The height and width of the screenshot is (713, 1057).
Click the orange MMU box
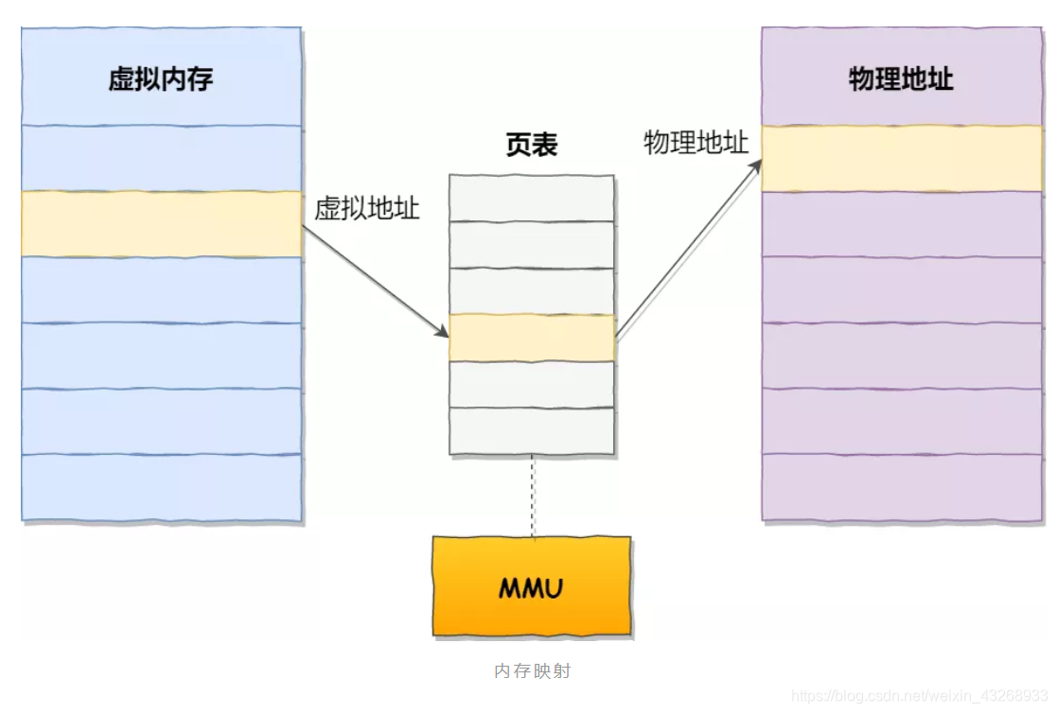(532, 587)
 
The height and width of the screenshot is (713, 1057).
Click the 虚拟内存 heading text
(161, 78)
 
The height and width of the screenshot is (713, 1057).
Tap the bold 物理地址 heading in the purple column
(901, 78)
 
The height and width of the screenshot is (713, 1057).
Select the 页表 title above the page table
(532, 145)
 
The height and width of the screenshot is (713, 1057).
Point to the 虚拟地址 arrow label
(367, 208)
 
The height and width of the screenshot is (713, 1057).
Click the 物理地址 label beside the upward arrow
(696, 143)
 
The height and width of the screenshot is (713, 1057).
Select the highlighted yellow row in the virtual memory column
(161, 223)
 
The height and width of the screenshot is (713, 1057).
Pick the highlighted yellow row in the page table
(532, 338)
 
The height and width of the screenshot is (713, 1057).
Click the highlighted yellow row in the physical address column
(901, 159)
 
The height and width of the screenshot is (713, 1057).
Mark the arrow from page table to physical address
(689, 248)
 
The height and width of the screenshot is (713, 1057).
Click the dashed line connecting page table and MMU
(532, 496)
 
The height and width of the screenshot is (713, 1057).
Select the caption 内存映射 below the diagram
(533, 671)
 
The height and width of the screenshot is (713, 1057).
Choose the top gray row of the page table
(532, 198)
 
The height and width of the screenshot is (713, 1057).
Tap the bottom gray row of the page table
(532, 431)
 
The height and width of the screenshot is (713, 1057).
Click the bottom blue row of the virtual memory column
(161, 487)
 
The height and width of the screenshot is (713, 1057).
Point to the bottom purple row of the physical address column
(901, 487)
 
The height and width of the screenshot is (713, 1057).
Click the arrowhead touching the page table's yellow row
(441, 332)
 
